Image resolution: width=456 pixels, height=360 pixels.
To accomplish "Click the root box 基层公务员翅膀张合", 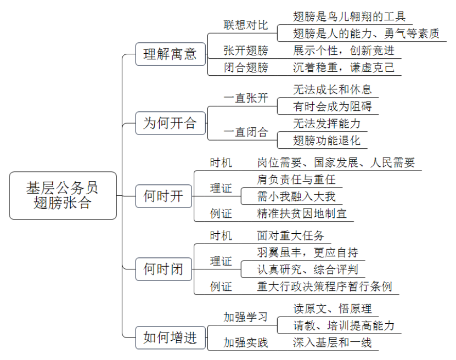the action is (x=63, y=195).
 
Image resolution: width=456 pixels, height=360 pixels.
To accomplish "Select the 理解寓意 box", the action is (x=171, y=54).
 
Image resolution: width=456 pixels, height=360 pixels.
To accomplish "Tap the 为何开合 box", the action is (x=171, y=123).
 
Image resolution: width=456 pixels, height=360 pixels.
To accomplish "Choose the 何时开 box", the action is (x=164, y=196).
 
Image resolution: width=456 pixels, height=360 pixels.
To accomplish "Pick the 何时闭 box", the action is (x=164, y=269).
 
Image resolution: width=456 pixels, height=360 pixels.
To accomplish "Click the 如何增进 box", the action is (x=171, y=337).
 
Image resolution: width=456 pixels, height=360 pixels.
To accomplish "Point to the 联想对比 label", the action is (x=246, y=25).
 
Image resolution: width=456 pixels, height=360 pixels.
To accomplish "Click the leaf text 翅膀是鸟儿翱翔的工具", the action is (x=349, y=16).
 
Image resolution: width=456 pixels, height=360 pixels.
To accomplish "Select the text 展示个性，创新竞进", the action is (x=344, y=50).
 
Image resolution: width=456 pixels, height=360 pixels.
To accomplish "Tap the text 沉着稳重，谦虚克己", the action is (x=344, y=67).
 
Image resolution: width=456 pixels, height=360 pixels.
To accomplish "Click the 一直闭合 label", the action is (x=246, y=132).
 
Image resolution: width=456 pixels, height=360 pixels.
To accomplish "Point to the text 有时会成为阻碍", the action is (x=333, y=106).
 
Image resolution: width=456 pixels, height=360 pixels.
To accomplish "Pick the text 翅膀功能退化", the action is (x=326, y=140).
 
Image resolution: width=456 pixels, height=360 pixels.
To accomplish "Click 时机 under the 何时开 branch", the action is (x=221, y=162).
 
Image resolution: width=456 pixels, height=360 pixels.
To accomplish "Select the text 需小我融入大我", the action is (x=296, y=196).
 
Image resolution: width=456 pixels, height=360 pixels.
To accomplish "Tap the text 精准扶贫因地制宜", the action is (x=302, y=213).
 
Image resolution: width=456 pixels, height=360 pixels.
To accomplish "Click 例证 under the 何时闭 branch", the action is (x=221, y=286).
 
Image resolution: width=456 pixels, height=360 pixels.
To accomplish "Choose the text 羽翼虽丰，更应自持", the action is (x=308, y=252).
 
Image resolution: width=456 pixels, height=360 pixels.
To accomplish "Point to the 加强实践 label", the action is (x=246, y=342).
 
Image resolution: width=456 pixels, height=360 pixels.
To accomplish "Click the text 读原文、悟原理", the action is (x=333, y=308).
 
